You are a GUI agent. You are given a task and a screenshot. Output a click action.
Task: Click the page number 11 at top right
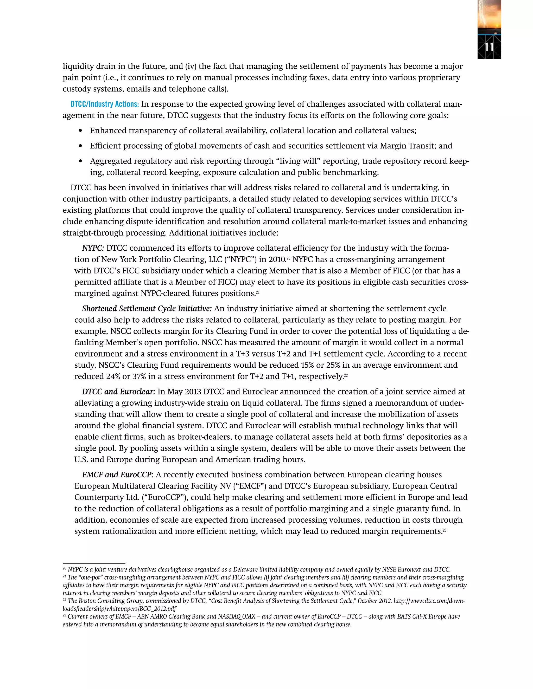tap(489, 47)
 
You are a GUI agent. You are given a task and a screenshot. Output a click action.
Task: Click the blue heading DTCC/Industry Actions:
tap(105, 104)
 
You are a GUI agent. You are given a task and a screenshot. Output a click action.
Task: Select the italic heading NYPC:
tap(93, 248)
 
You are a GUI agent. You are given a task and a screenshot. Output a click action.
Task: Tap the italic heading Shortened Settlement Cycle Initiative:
tap(147, 309)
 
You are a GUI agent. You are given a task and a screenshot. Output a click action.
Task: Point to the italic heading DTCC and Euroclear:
tap(119, 392)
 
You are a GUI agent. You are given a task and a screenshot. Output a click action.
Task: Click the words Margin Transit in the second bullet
tap(407, 146)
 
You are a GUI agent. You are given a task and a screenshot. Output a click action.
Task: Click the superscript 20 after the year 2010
tap(288, 258)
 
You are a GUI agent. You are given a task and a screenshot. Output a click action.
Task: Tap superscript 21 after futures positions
tap(258, 292)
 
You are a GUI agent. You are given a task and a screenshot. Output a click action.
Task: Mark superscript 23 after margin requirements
tap(444, 530)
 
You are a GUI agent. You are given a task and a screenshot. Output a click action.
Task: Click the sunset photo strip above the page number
tap(489, 16)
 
